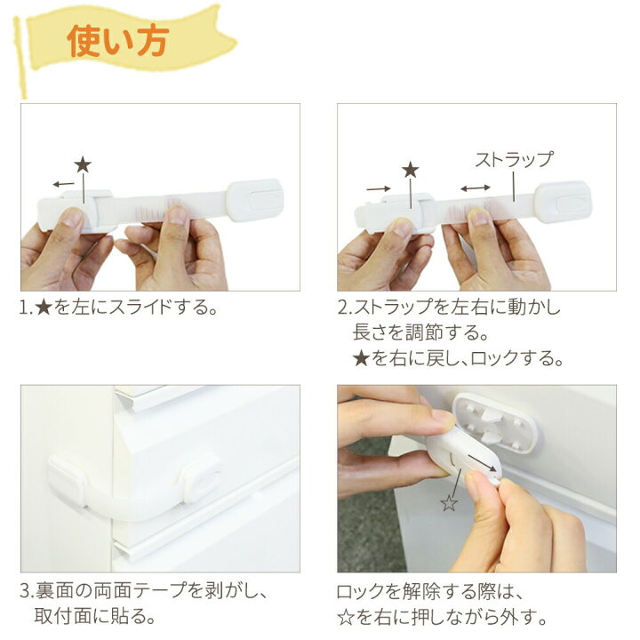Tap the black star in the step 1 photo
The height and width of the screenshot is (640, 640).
(x=83, y=164)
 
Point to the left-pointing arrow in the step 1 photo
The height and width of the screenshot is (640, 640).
(x=63, y=184)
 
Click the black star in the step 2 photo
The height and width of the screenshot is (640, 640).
(x=410, y=170)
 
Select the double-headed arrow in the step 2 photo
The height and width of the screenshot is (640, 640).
(x=475, y=188)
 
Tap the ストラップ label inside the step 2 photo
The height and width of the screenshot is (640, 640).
(x=514, y=160)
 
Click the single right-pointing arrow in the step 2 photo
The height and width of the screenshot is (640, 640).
(x=378, y=188)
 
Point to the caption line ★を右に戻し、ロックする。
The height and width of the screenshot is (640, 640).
(x=458, y=359)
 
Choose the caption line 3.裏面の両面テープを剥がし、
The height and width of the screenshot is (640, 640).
(x=143, y=590)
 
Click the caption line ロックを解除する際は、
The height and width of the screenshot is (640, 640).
(x=428, y=590)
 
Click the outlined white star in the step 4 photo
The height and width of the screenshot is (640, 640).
(x=449, y=504)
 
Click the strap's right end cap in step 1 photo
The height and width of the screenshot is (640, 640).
(x=255, y=199)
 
